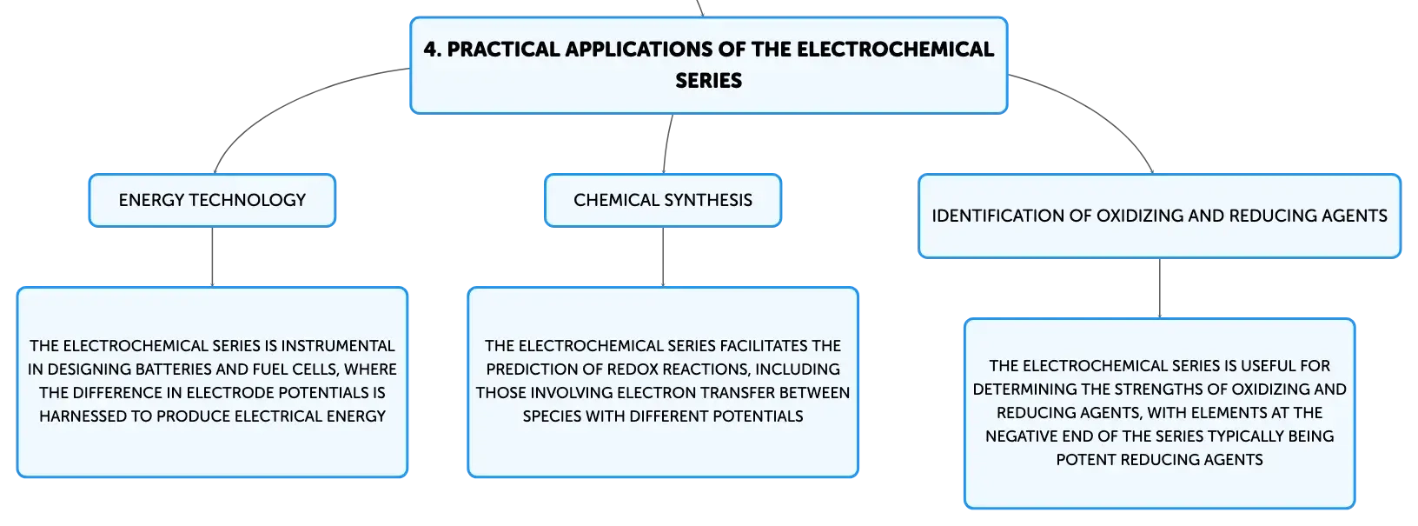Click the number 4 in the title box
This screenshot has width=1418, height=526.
coord(431,50)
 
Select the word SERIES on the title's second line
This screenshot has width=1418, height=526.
coord(708,81)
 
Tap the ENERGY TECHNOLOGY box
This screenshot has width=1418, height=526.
coord(212,200)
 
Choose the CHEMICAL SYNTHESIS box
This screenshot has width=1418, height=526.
coord(663,200)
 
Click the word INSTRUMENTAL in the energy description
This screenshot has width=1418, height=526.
coord(338,346)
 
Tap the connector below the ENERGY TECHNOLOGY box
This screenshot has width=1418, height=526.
coord(212,256)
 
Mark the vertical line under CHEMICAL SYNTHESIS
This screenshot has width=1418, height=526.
coord(663,256)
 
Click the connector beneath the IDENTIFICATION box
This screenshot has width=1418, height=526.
coord(1160,289)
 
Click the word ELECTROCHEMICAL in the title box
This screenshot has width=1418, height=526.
coord(895,50)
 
